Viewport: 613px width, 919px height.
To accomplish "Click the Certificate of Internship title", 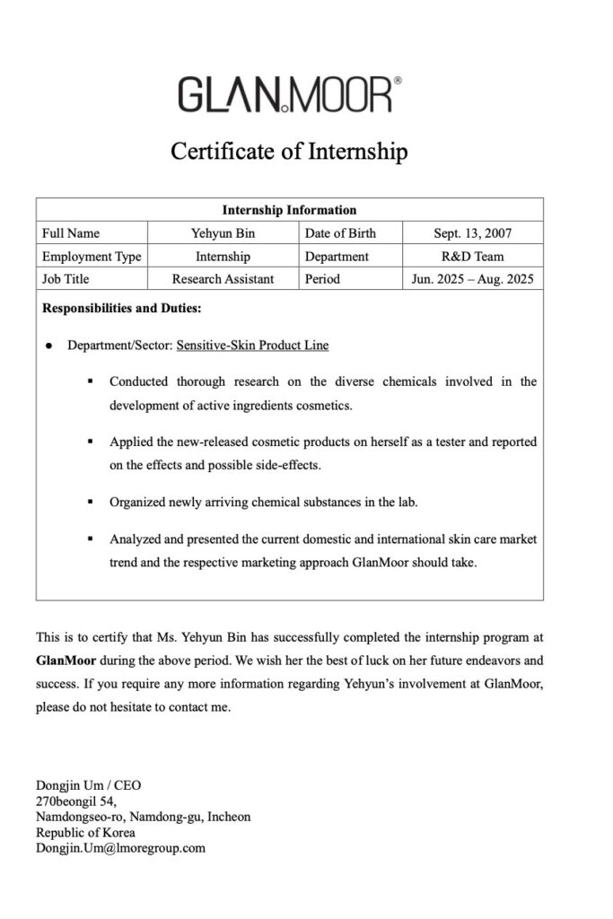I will pyautogui.click(x=289, y=151).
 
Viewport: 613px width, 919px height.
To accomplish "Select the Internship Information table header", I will pyautogui.click(x=289, y=210).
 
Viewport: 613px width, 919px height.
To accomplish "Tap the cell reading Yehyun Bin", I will pyautogui.click(x=223, y=233).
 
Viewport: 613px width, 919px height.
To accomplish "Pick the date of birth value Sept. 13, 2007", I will pyautogui.click(x=473, y=233).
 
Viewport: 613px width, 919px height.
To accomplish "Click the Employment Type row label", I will pyautogui.click(x=92, y=257).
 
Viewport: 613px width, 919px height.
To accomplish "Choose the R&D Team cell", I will pyautogui.click(x=473, y=257).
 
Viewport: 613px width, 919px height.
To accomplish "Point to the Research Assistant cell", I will pyautogui.click(x=223, y=279).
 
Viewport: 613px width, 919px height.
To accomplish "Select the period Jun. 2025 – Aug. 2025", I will pyautogui.click(x=473, y=279).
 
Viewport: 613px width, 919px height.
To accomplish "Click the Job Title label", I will pyautogui.click(x=66, y=279).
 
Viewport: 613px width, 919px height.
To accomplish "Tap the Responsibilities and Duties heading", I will pyautogui.click(x=122, y=310).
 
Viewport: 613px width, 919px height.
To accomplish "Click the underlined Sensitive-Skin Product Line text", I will pyautogui.click(x=252, y=346).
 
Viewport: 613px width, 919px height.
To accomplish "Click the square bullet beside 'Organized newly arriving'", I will pyautogui.click(x=92, y=503).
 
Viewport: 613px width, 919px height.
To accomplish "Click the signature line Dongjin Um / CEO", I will pyautogui.click(x=88, y=785).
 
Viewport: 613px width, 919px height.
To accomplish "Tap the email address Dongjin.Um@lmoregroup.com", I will pyautogui.click(x=120, y=847).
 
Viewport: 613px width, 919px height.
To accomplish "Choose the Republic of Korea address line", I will pyautogui.click(x=85, y=832).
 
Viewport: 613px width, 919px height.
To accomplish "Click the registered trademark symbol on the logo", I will pyautogui.click(x=398, y=81).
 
